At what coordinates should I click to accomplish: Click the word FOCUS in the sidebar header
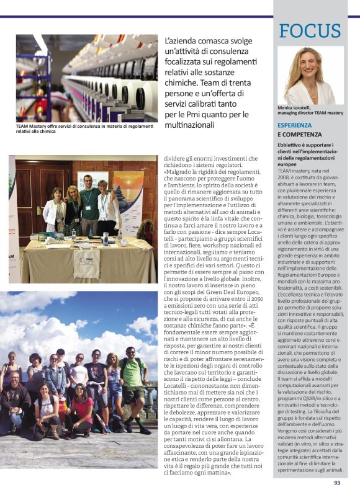click(x=310, y=30)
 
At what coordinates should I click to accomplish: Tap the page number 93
click(x=337, y=483)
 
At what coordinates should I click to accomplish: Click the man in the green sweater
click(x=88, y=203)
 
